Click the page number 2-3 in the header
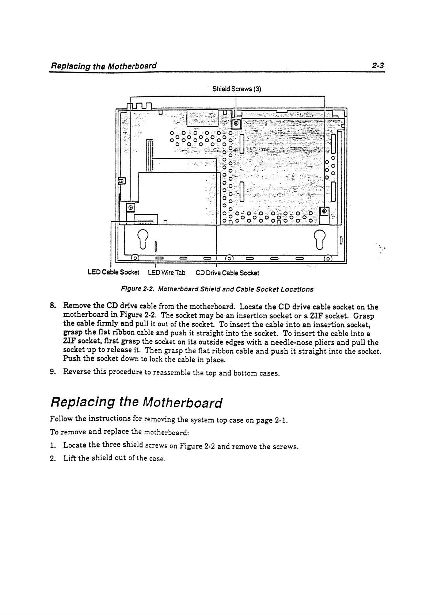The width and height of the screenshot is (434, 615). [378, 66]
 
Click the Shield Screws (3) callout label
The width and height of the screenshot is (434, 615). [236, 89]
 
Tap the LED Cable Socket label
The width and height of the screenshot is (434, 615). [113, 273]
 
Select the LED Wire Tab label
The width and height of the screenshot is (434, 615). [167, 273]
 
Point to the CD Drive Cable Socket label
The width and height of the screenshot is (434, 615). [227, 273]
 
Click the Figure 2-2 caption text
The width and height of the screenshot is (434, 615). [217, 289]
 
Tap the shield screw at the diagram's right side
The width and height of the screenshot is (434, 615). [324, 211]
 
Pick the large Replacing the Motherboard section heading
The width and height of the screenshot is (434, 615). [136, 403]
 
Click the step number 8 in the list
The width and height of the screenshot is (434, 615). [53, 305]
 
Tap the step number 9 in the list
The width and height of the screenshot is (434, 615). [53, 372]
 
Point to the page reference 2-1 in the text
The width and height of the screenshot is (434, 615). [281, 420]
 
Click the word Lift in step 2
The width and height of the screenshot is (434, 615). [69, 458]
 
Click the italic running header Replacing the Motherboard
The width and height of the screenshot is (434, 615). [104, 66]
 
